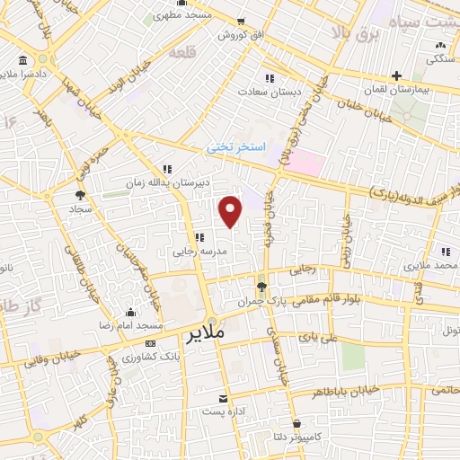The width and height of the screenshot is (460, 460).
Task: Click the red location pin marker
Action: pos(232,210)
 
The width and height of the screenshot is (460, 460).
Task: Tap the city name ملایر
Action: pos(208,337)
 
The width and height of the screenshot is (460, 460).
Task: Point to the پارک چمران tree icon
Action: pos(261,287)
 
